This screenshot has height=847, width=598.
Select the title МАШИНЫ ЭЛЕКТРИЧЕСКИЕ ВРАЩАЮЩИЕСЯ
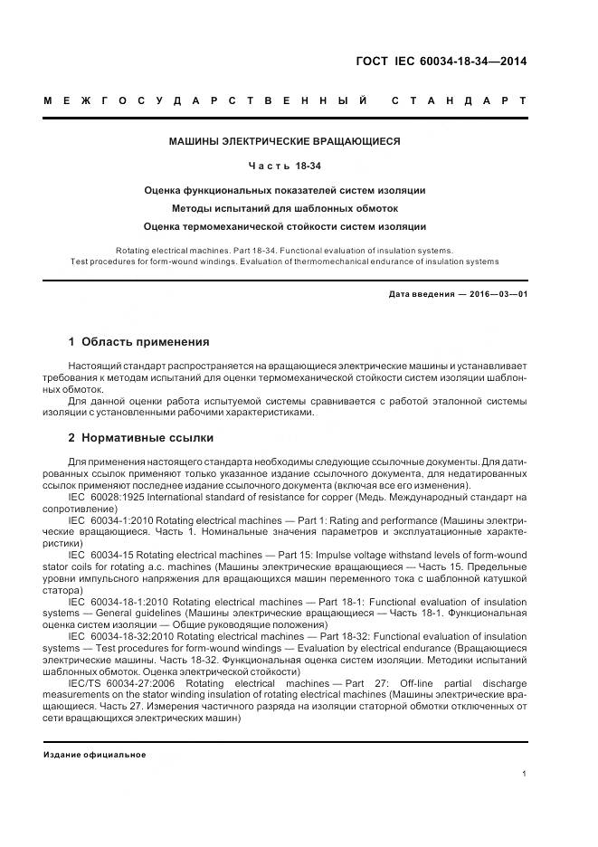pos(285,141)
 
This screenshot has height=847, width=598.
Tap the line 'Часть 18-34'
pos(285,166)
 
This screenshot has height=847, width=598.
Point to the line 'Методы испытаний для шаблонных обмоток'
pos(285,208)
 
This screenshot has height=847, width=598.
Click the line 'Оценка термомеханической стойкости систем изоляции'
pos(285,226)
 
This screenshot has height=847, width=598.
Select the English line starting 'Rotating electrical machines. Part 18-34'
pos(285,249)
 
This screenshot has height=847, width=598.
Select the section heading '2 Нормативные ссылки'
pos(141,438)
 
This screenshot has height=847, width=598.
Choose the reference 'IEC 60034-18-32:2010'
pos(119,638)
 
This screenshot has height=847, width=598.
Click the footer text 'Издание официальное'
pos(95,754)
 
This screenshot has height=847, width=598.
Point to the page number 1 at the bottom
pos(525,774)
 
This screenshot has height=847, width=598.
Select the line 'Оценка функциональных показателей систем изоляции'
pos(285,190)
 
